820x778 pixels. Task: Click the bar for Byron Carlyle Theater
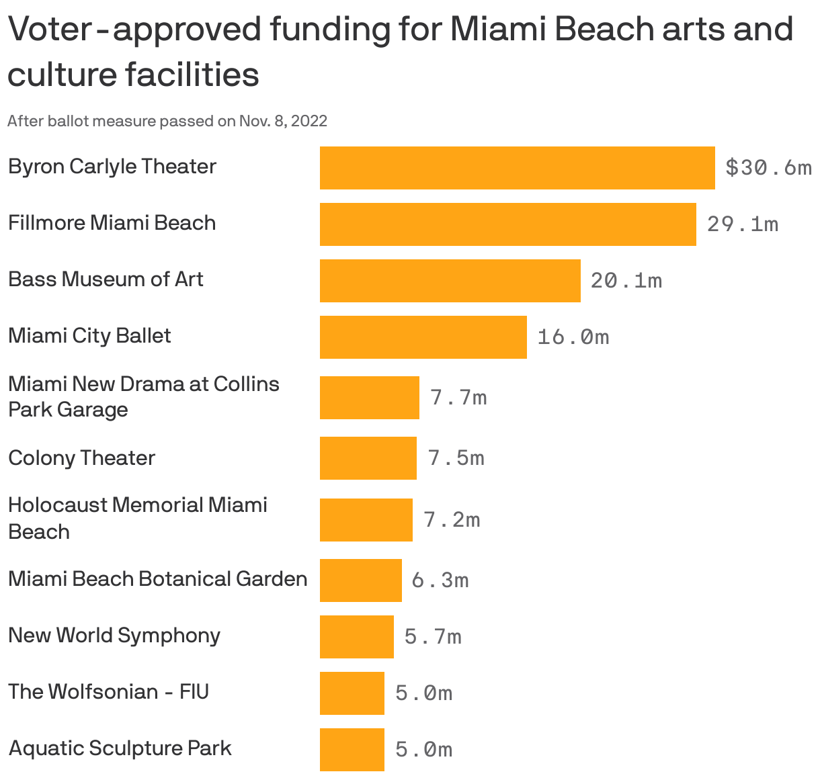pos(517,167)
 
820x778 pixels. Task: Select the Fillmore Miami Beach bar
pos(507,224)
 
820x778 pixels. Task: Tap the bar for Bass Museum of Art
pos(450,280)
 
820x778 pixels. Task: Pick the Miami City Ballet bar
pos(423,337)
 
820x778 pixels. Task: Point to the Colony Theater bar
pos(368,458)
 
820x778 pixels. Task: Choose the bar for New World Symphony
pos(356,636)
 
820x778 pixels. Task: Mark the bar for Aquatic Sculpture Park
pos(352,749)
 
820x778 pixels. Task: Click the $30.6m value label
pos(768,167)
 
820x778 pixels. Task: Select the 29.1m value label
pos(742,224)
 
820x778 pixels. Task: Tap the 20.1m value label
pos(626,280)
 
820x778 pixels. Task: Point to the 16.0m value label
pos(573,337)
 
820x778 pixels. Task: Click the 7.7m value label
pos(458,398)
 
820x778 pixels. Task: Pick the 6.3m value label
pos(440,580)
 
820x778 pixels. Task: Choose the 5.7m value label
pos(432,636)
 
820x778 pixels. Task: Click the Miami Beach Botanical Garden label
pos(157,578)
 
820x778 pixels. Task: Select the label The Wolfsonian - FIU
pos(108,691)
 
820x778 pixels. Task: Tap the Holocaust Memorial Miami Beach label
pos(137,518)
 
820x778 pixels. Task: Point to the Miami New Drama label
pos(143,396)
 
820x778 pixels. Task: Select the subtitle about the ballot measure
pos(167,121)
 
